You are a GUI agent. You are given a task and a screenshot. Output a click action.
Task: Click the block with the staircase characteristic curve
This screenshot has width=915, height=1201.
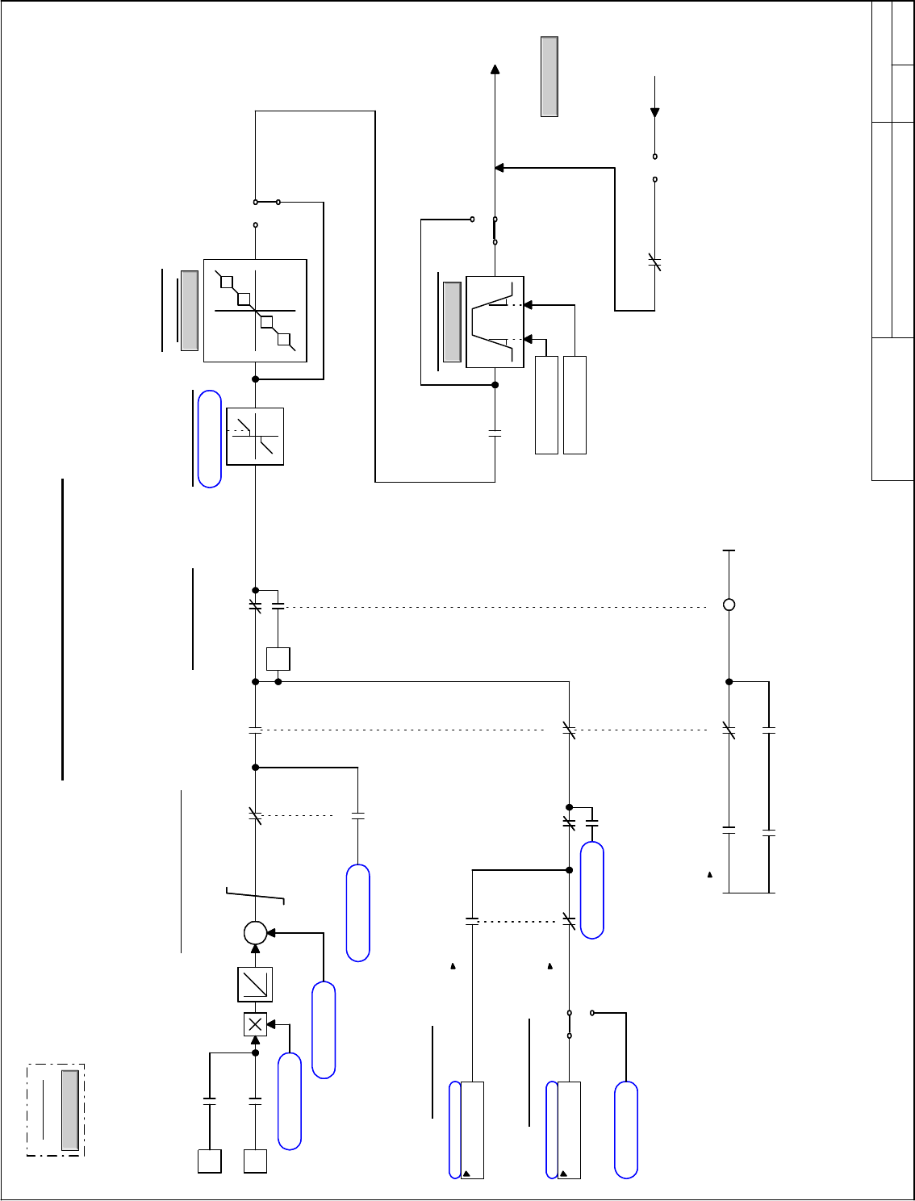255,311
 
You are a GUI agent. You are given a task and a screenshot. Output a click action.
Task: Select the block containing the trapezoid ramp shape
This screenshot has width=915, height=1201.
495,322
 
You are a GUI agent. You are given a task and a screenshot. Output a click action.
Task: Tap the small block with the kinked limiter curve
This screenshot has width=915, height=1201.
255,437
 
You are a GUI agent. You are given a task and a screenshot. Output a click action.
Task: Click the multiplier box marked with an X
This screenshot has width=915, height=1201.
255,1024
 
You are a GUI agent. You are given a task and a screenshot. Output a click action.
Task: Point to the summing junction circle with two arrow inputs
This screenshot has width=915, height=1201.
255,933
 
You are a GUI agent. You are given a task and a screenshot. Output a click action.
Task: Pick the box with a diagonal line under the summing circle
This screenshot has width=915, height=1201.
255,984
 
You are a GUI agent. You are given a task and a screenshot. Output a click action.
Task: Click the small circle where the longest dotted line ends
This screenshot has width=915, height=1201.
729,605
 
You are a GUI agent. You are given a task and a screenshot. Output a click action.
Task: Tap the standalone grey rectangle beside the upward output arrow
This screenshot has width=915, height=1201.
549,77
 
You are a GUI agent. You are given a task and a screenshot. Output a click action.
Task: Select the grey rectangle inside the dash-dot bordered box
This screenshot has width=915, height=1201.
70,1110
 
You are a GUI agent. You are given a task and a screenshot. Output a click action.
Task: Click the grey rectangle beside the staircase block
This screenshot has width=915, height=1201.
190,311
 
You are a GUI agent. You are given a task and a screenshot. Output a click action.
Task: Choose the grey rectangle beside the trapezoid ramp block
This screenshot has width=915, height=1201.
452,322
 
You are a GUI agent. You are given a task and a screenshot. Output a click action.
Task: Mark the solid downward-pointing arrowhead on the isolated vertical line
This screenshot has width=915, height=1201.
654,113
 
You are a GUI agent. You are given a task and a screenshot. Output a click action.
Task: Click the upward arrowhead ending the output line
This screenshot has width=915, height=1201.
495,69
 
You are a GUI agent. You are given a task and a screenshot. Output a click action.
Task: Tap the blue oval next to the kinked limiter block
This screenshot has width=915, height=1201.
210,439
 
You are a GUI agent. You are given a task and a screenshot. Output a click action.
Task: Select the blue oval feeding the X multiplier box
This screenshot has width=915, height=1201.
290,1100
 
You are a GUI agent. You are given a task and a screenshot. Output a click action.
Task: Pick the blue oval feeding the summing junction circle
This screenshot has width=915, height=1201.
324,1029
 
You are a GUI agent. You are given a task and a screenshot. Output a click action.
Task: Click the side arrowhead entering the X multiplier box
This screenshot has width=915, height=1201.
271,1024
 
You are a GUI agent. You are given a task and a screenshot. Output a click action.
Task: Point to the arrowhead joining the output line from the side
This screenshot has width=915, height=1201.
499,168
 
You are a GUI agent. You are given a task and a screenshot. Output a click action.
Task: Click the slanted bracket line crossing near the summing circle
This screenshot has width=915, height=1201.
255,894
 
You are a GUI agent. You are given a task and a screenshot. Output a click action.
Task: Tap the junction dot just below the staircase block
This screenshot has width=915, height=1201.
255,379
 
